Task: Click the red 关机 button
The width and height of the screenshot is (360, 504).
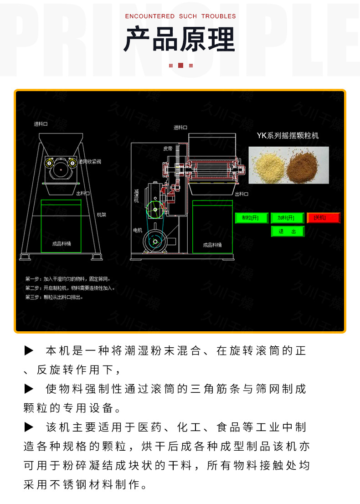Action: tap(324, 218)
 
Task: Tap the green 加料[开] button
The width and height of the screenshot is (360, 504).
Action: tap(287, 218)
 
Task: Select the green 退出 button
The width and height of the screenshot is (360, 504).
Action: tap(287, 231)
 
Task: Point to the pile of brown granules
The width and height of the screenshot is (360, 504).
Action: tap(306, 166)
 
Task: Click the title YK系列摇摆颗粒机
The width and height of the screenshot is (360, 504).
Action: tap(288, 135)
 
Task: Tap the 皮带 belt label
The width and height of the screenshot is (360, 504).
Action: tap(168, 149)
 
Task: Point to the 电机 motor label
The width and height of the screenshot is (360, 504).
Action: tap(137, 230)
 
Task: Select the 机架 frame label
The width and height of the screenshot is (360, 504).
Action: tap(101, 214)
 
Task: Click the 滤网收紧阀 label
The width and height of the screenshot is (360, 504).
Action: tap(90, 162)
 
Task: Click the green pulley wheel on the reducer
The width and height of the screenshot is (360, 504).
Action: tap(155, 210)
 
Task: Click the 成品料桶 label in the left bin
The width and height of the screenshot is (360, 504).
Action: tap(62, 244)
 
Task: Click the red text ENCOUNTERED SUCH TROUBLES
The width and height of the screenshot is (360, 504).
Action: tap(180, 16)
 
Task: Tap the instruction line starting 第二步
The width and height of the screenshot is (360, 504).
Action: tap(70, 288)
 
